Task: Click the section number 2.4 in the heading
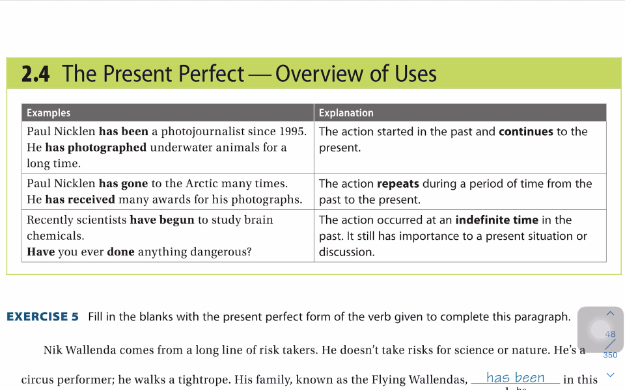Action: coord(35,74)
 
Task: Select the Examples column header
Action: coord(48,113)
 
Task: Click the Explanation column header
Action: coord(346,113)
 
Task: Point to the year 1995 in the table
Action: coord(292,131)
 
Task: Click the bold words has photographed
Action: coord(96,148)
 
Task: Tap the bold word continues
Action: coord(526,132)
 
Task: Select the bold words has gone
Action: coord(123,184)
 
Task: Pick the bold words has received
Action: coord(79,200)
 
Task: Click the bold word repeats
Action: coord(398,184)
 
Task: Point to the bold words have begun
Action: coord(162,220)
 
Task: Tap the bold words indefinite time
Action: coord(497,220)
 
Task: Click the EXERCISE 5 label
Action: coord(43,317)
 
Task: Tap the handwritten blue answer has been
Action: coord(515,377)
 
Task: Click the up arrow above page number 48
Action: coord(610,313)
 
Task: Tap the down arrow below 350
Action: coord(610,374)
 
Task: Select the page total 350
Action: coord(610,355)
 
